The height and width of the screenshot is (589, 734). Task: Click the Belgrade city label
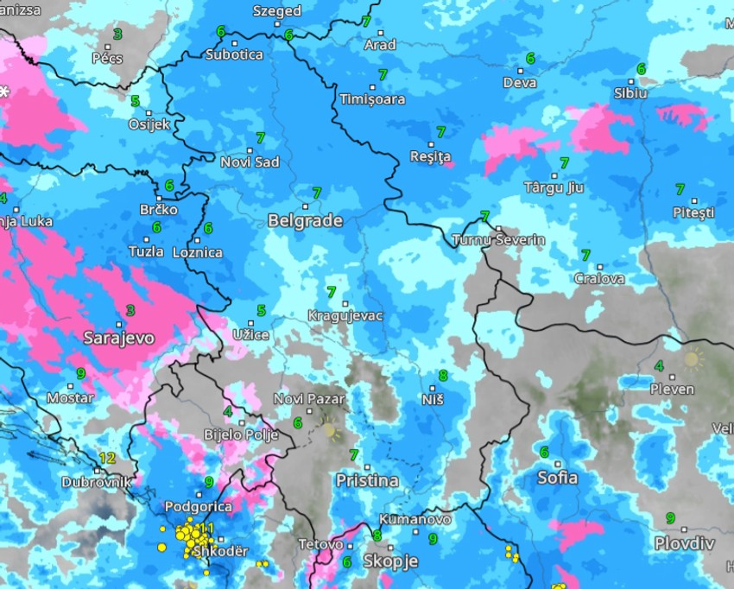305,221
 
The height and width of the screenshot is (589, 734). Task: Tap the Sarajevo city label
119,338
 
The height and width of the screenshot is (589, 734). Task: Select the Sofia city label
557,477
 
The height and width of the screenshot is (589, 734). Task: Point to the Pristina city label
367,480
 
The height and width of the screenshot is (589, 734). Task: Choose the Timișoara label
372,99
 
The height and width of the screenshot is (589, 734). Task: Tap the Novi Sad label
250,162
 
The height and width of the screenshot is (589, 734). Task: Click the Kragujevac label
345,316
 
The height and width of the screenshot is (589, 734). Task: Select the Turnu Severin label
499,240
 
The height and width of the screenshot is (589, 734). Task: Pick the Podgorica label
198,507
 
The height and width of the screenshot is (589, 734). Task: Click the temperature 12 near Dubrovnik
107,458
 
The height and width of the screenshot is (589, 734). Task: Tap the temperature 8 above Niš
443,375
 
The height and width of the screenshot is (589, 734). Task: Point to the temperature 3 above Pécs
117,34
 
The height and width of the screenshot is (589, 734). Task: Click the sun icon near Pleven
693,358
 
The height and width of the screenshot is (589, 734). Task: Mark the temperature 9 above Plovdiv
670,517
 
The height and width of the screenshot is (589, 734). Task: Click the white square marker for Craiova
600,267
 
